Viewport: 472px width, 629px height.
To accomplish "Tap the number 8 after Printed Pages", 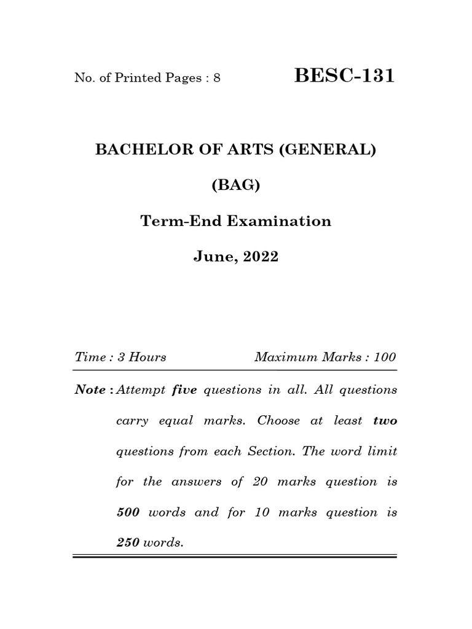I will point(217,79).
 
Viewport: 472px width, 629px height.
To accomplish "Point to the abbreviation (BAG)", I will point(236,186).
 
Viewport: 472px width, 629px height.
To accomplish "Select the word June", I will point(211,257).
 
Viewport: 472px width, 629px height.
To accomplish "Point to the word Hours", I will point(147,357).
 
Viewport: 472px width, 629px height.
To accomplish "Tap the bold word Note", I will point(90,390).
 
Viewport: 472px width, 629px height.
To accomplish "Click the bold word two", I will point(385,421).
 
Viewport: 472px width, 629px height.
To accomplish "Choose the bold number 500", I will point(128,512).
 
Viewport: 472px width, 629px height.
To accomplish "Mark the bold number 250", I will point(128,543).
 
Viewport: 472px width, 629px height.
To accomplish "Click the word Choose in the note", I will point(279,421).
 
